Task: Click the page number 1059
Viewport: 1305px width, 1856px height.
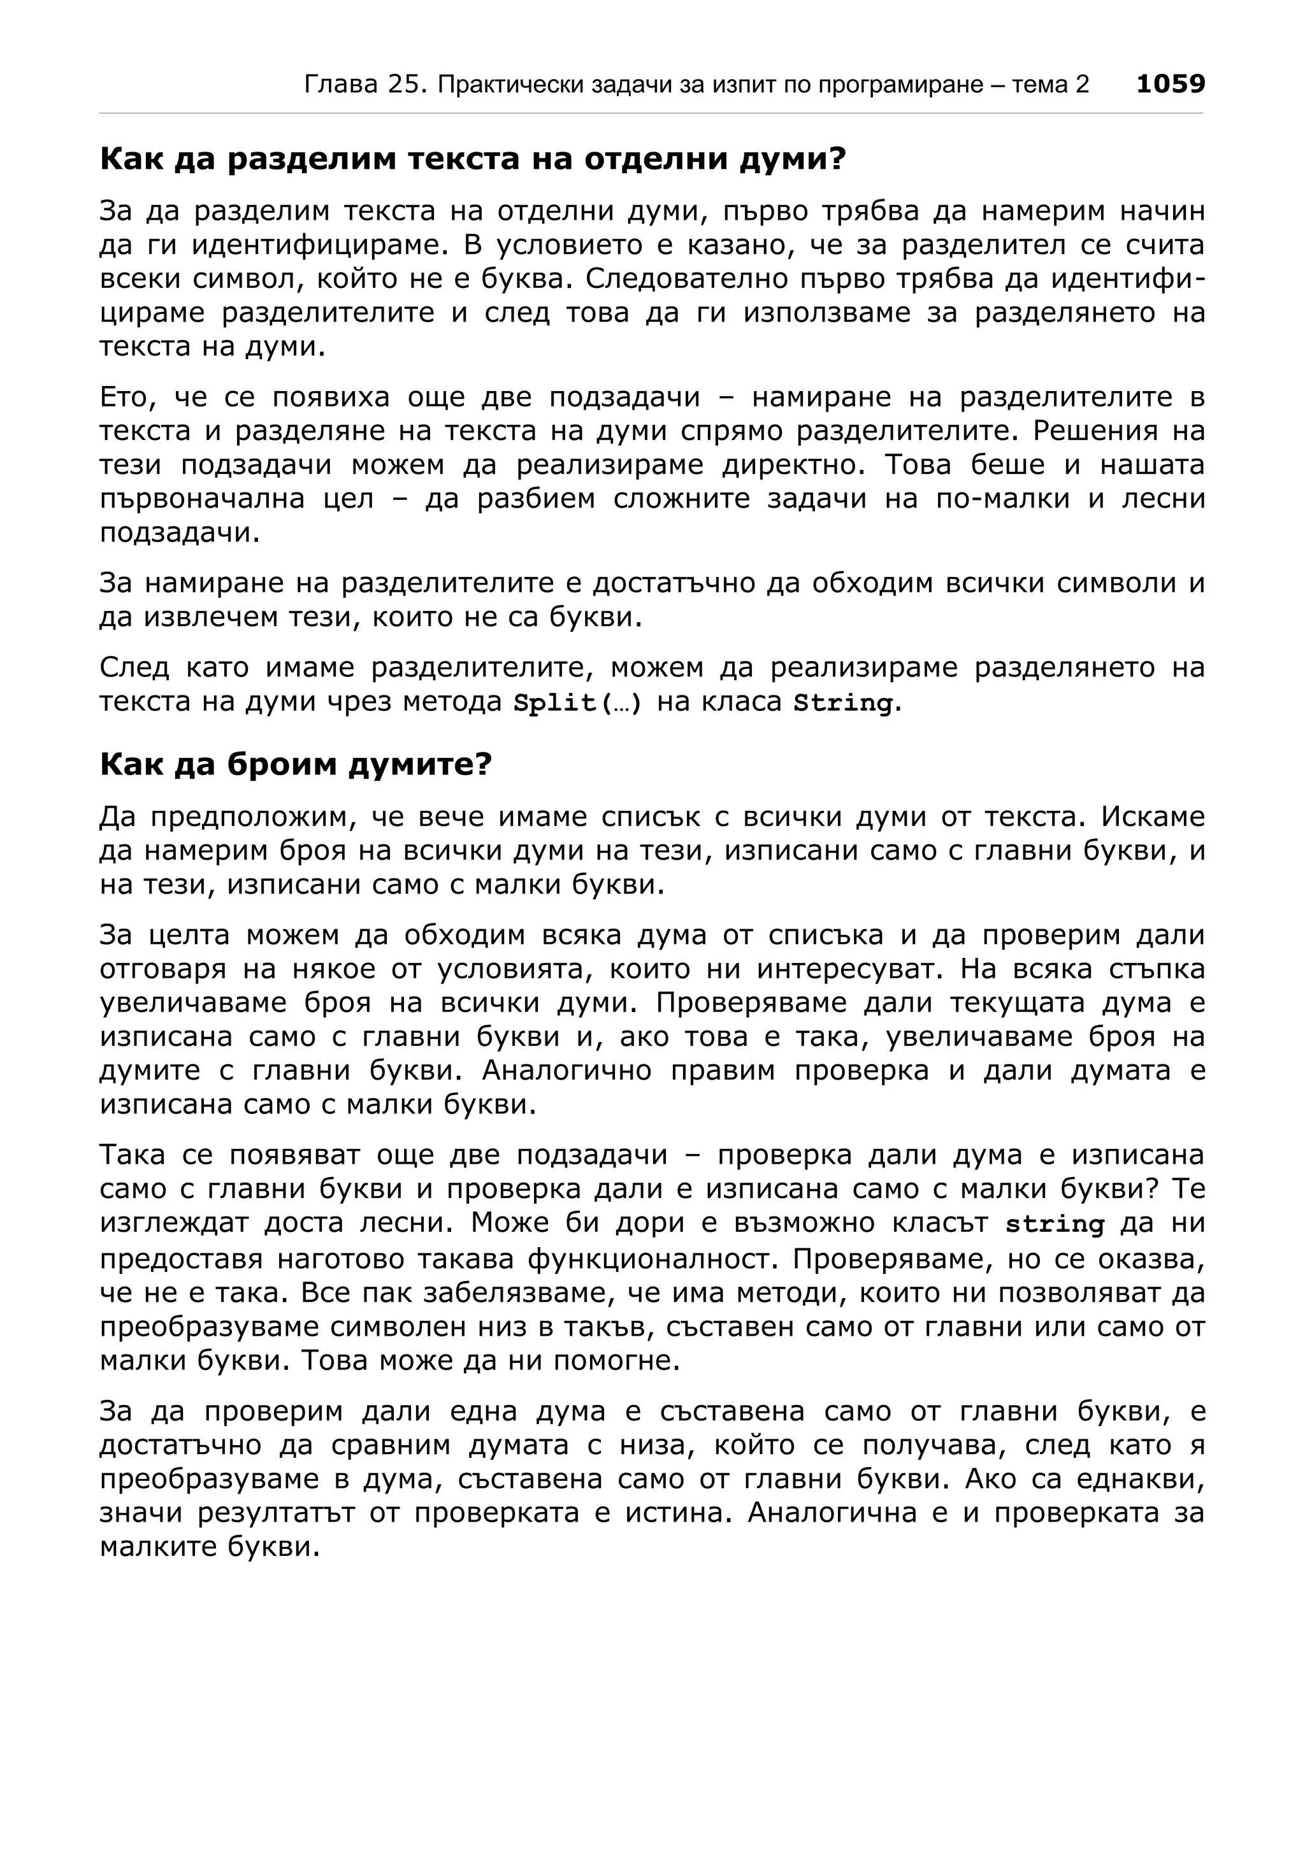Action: tap(1170, 83)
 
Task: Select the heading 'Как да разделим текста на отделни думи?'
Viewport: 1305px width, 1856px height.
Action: tap(472, 159)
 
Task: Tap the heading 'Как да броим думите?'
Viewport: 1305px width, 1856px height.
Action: tap(295, 764)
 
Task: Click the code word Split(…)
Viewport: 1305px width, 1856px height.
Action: tap(577, 703)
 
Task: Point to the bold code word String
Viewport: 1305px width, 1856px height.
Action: tap(843, 703)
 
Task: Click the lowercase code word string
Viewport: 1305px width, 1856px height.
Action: tap(1055, 1224)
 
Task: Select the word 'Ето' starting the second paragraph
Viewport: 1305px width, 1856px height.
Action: tap(124, 397)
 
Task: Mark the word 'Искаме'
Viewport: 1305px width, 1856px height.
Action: tap(1153, 817)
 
